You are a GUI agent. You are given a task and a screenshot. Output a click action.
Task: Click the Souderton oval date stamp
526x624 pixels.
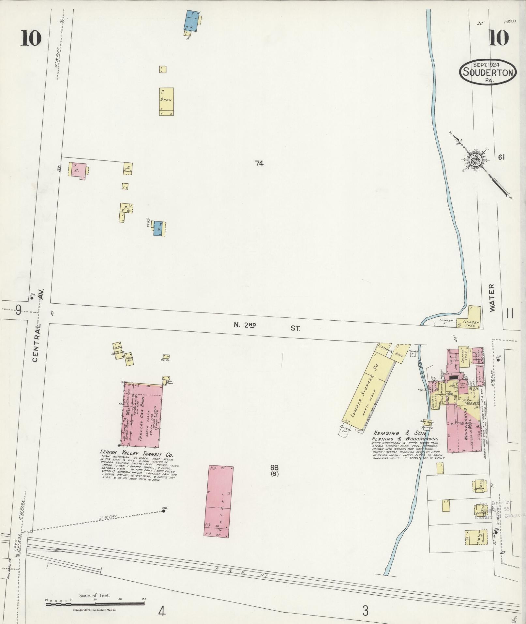(488, 72)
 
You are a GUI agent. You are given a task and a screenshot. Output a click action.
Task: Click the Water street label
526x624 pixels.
(492, 297)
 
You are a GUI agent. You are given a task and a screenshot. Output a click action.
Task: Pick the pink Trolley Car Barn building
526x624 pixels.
(141, 414)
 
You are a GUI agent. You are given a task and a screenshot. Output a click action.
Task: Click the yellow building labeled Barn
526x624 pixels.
(166, 101)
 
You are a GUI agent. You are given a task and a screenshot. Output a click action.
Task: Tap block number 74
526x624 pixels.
(259, 163)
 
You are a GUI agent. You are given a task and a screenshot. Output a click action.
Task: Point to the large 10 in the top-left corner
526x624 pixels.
(31, 38)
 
